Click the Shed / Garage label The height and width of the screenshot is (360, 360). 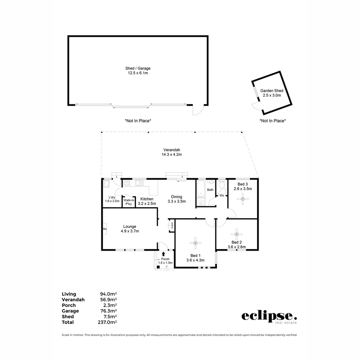pos(138,71)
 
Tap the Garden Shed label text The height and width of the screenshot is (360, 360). pos(272,93)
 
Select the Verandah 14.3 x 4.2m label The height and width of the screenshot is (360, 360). pos(172,152)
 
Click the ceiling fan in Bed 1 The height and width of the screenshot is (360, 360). pos(195,243)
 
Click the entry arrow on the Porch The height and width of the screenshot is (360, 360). pos(163,254)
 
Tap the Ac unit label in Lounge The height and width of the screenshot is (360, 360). pos(105,229)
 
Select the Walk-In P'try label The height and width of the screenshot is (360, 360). pos(129,202)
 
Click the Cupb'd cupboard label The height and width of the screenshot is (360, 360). pos(172,226)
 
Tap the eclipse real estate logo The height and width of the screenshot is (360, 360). pos(269,317)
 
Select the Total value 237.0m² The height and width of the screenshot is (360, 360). pos(108,322)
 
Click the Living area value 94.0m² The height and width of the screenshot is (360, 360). pos(108,294)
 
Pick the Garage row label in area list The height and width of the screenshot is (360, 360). pos(70,311)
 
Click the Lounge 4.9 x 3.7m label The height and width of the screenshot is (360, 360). pos(130,229)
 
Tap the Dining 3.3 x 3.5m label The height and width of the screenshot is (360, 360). pos(176,199)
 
